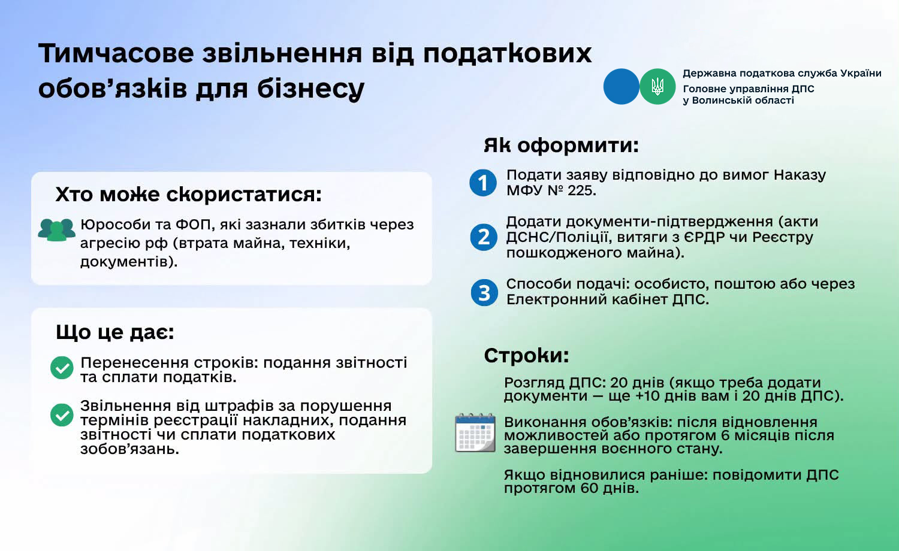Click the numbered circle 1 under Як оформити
(x=483, y=183)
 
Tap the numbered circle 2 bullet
(x=484, y=237)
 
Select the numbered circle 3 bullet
(x=484, y=292)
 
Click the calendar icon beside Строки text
(x=475, y=432)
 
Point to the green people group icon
(x=56, y=230)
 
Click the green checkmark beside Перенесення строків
(x=62, y=368)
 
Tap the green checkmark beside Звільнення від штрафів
(x=62, y=414)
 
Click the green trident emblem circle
(x=657, y=86)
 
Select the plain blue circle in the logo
(x=622, y=86)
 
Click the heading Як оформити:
(x=561, y=145)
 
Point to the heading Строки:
(x=527, y=355)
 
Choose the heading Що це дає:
(x=115, y=332)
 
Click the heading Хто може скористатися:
(x=189, y=195)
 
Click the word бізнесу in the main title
(x=310, y=89)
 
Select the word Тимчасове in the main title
(x=116, y=53)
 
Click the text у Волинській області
(x=738, y=101)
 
